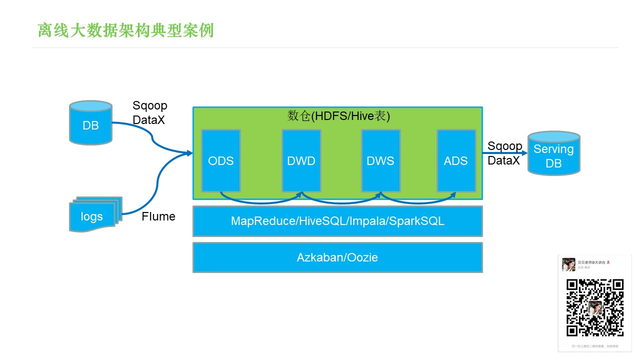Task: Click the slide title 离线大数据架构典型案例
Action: tap(125, 30)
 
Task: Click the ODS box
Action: tap(220, 160)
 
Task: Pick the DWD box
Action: tap(301, 160)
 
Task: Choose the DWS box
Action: tap(380, 160)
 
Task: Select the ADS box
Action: tap(455, 160)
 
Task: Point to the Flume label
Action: tap(158, 216)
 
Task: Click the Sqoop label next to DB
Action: tap(149, 106)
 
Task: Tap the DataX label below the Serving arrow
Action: tap(503, 160)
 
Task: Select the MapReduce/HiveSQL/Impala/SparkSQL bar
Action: tap(337, 221)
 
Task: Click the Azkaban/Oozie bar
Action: tap(337, 257)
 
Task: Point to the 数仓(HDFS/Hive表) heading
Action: tap(338, 116)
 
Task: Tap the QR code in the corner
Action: tap(594, 307)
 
